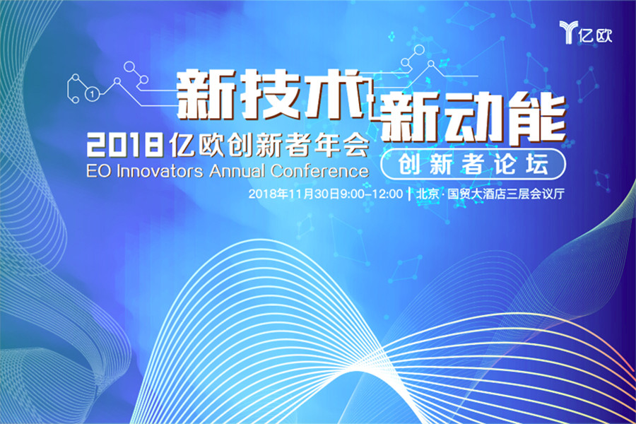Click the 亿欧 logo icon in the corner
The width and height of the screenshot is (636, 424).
point(568,32)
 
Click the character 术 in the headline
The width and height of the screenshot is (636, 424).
point(334,94)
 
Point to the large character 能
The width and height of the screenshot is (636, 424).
point(536,118)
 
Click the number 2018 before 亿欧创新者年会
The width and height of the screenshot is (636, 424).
point(125,146)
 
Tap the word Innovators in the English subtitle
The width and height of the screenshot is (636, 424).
point(160,171)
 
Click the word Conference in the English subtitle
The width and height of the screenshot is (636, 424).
point(320,171)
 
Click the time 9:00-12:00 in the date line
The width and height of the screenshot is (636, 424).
point(371,194)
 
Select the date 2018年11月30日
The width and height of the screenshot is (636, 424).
point(294,194)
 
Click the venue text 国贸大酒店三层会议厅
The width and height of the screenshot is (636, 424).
point(506,194)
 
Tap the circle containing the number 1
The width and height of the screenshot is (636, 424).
point(92,94)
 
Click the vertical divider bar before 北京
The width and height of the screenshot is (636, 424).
point(410,194)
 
